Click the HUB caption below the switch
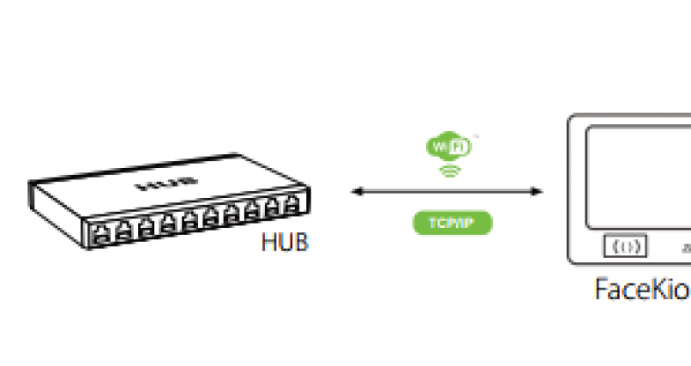[284, 242]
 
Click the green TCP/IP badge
[452, 223]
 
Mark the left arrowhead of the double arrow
[356, 189]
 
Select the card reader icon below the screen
[626, 246]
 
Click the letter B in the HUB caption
[301, 242]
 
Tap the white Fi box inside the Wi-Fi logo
[458, 146]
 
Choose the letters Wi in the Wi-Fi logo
[439, 146]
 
